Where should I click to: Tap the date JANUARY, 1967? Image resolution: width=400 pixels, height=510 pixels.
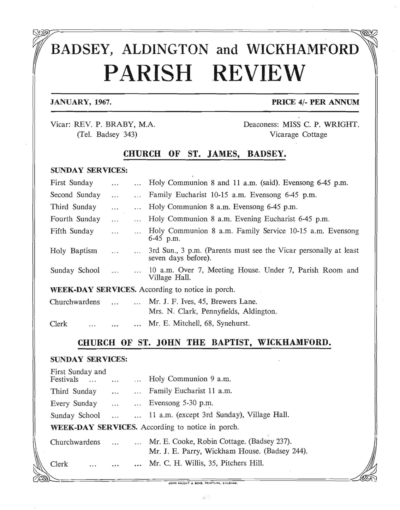click(x=81, y=102)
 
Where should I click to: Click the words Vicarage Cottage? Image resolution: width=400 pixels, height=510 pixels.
click(x=298, y=134)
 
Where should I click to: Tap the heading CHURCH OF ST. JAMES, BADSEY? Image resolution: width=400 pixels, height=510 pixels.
click(x=204, y=154)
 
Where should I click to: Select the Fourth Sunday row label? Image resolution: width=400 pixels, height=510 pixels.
click(x=75, y=219)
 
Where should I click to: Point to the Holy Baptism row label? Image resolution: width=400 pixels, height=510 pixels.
click(x=73, y=251)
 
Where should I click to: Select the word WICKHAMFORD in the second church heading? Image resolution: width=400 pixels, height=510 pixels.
click(x=294, y=342)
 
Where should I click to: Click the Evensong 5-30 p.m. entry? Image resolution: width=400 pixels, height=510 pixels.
click(x=181, y=403)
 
